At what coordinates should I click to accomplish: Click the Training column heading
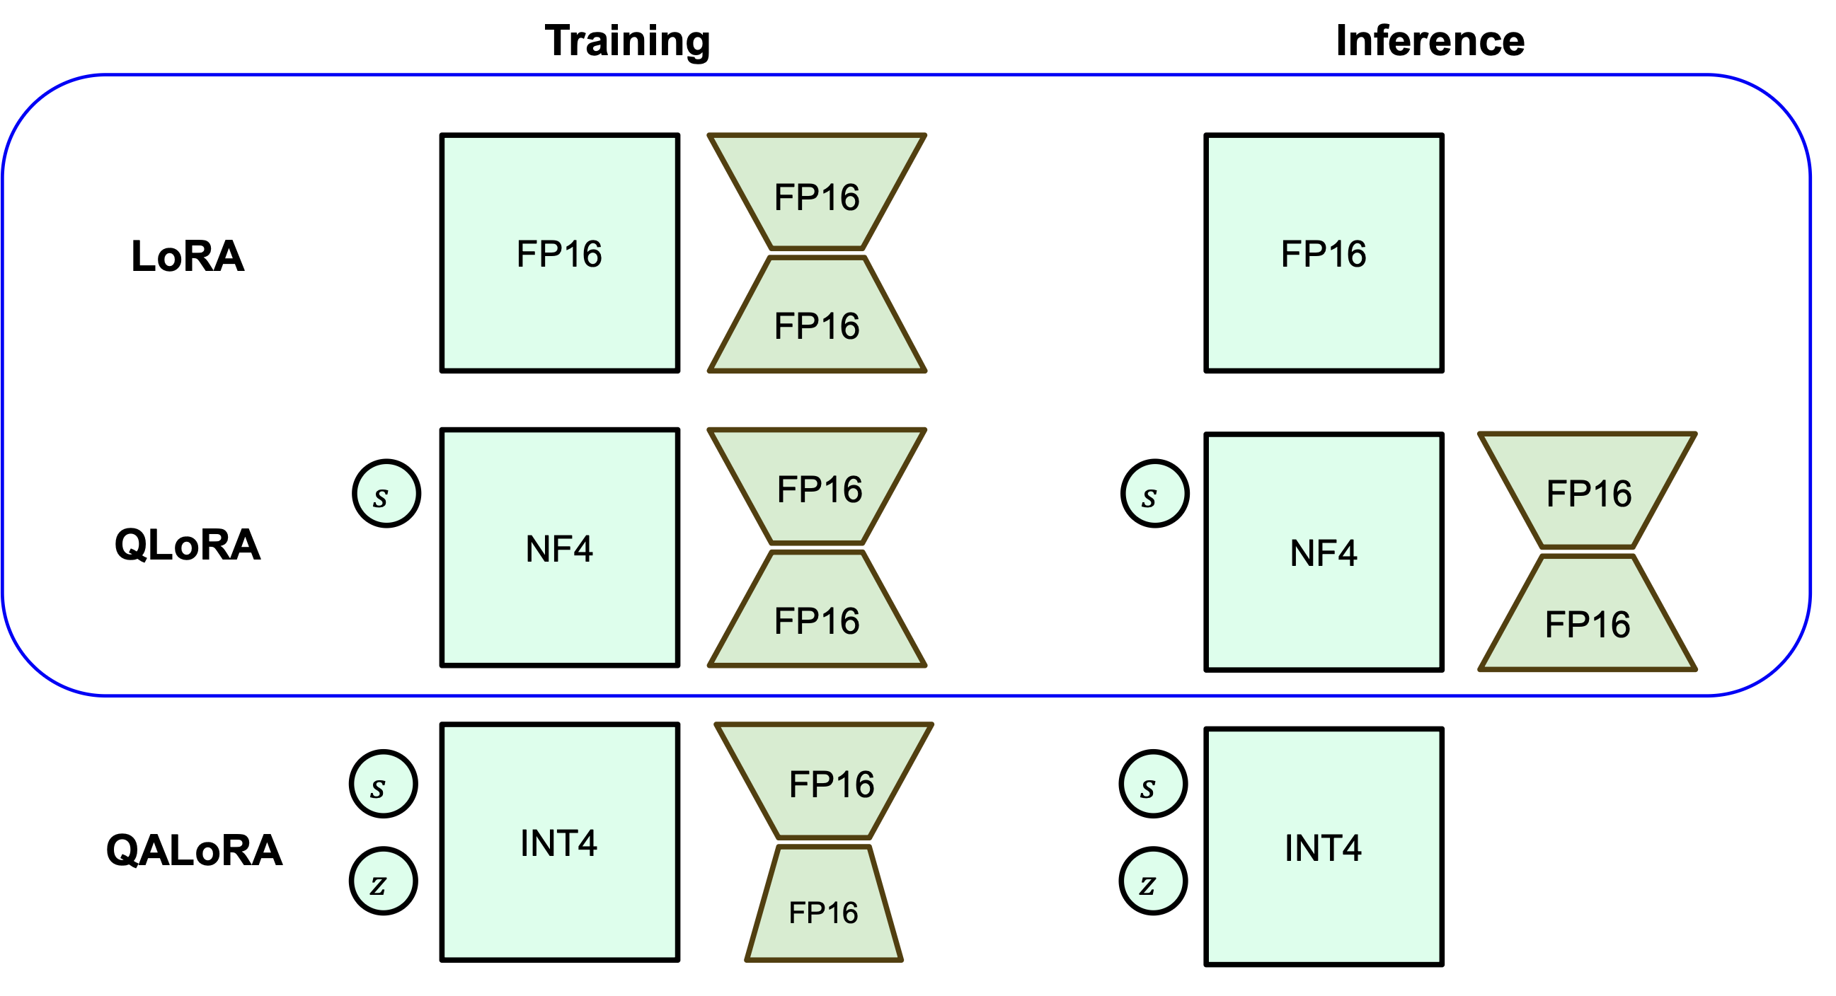coord(627,41)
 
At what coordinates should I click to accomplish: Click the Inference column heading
coord(1430,40)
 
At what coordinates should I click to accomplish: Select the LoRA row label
coord(188,256)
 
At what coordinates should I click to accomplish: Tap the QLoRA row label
coord(188,545)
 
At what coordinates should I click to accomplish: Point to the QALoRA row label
coord(194,850)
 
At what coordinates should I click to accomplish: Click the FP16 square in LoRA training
coord(559,253)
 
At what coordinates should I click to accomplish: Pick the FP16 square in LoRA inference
coord(1324,253)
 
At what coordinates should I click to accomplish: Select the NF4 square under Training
coord(559,547)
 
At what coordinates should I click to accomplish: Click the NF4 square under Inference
coord(1324,552)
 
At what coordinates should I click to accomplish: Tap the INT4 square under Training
coord(559,842)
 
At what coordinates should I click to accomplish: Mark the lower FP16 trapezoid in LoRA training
coord(817,314)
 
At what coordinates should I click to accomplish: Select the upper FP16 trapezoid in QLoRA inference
coord(1588,490)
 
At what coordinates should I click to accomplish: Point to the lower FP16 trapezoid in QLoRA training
coord(817,609)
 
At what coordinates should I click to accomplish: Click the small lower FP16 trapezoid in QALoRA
coord(824,903)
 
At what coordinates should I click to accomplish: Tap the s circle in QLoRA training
coord(386,494)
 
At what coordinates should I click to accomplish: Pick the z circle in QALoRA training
coord(384,881)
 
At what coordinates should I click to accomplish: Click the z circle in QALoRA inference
coord(1153,881)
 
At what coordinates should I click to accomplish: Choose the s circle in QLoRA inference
coord(1154,494)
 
